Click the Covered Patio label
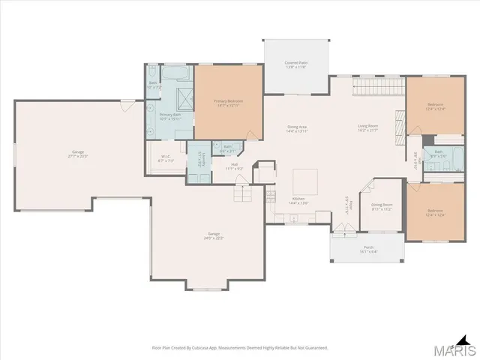296,64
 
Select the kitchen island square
306,181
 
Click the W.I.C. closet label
166,158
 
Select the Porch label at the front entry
368,249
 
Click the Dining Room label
382,206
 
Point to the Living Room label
367,127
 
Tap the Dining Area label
298,128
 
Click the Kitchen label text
298,200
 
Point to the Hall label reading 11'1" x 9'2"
234,166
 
